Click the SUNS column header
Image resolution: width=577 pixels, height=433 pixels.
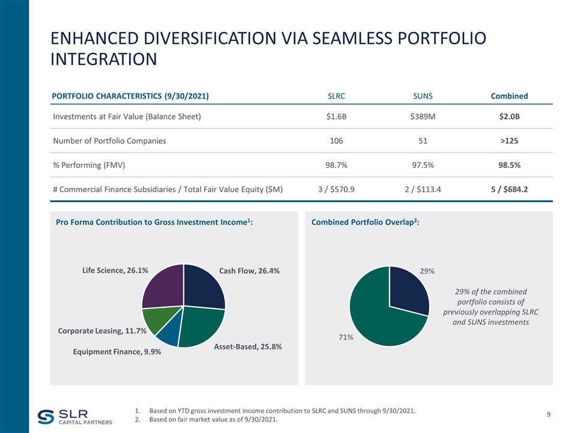[x=423, y=96]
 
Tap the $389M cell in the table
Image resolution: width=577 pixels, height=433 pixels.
[x=423, y=116]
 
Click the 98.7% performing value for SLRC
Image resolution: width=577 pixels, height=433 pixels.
[x=336, y=165]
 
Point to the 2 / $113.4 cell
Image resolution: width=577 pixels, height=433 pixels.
[x=423, y=190]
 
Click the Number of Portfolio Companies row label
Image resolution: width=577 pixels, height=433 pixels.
[x=109, y=141]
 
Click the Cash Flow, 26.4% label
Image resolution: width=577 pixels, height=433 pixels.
[x=249, y=271]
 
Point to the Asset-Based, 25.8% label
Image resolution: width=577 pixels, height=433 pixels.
[x=248, y=347]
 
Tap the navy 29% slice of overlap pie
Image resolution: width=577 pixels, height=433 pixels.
[x=408, y=290]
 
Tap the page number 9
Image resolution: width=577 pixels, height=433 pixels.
[x=549, y=414]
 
